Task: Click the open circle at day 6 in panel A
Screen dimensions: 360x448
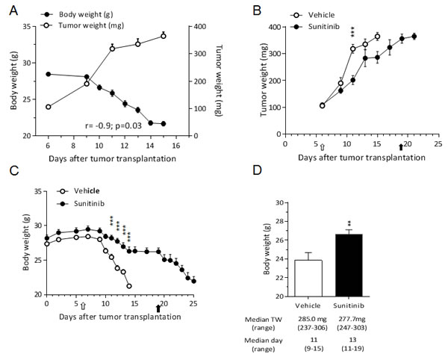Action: (x=48, y=107)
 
